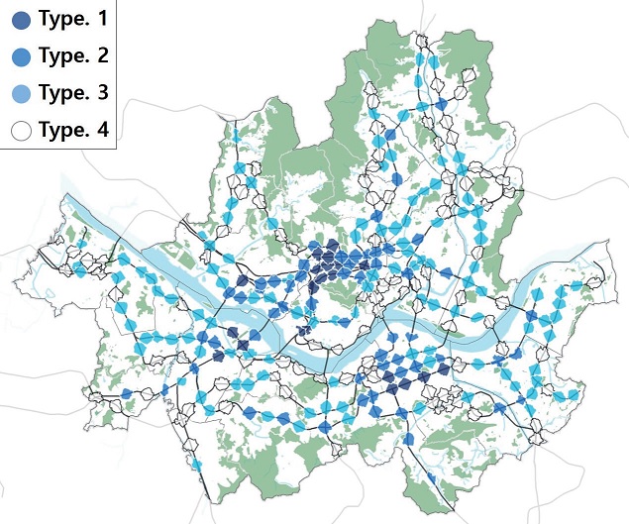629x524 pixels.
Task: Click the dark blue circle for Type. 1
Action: [22, 19]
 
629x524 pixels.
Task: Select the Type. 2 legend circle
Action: [22, 55]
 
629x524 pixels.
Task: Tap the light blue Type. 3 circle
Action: [22, 92]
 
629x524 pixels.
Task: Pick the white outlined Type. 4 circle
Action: [22, 129]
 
